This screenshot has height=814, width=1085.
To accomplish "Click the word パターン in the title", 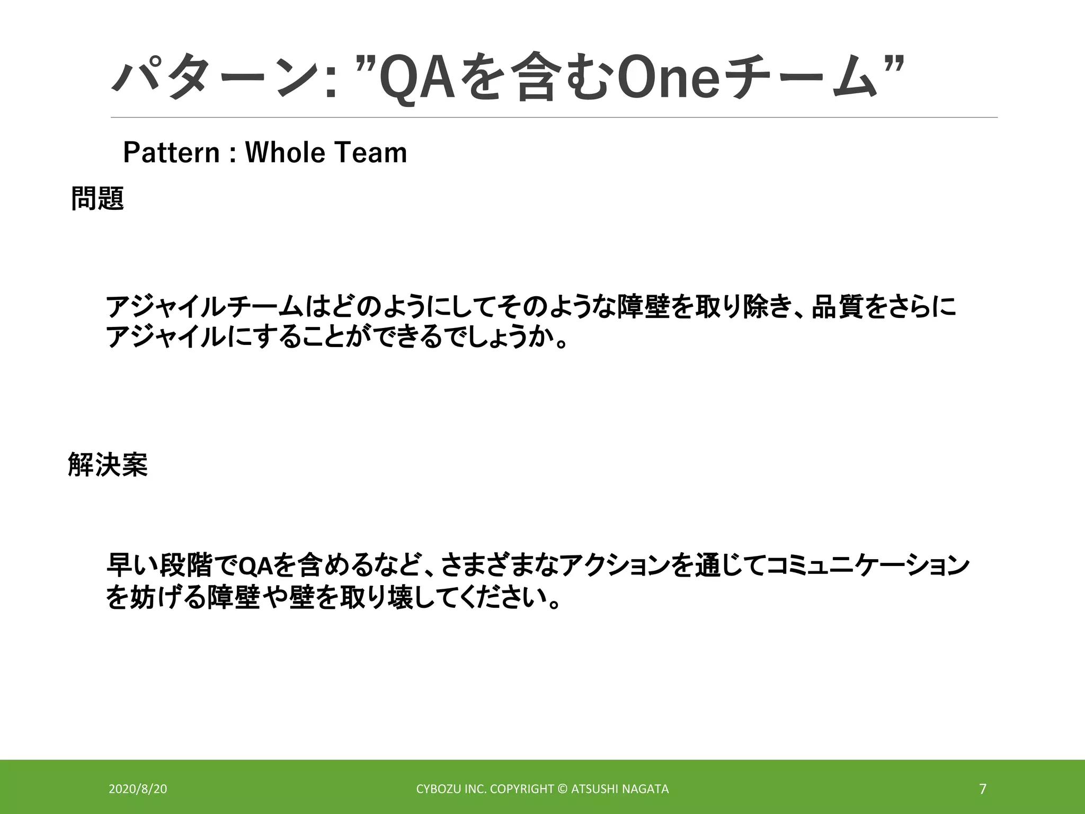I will point(215,79).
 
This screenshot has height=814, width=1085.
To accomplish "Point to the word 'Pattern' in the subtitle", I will point(171,153).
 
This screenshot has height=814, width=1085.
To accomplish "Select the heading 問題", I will point(97,199).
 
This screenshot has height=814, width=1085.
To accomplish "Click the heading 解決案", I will point(108,465).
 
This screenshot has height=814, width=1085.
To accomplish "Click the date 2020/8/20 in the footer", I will point(138,789).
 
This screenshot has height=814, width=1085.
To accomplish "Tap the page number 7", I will point(983,789).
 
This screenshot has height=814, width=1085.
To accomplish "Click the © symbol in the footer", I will point(563,789).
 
